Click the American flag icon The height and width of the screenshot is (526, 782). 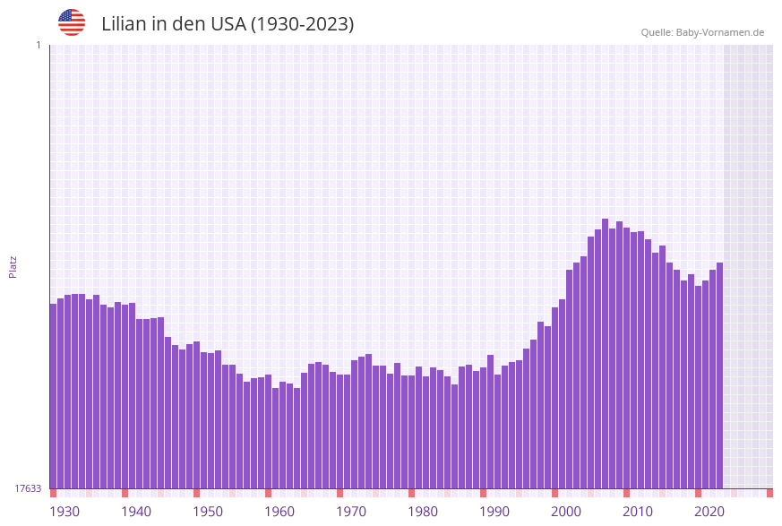tap(72, 22)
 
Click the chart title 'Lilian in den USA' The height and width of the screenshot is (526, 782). tap(228, 24)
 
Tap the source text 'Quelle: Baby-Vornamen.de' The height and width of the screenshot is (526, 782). tap(702, 32)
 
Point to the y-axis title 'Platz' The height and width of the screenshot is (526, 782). tap(13, 266)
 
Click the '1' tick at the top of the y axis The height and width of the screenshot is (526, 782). tap(39, 45)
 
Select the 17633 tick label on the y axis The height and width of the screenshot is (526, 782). tap(28, 488)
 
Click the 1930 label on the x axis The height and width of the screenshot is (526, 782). tap(64, 512)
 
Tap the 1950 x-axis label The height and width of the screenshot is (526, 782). tap(208, 512)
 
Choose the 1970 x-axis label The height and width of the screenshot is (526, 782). tap(351, 512)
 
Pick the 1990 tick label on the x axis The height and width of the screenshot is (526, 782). tap(494, 512)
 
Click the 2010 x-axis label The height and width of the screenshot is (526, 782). tap(638, 512)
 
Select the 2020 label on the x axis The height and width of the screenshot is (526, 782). tap(709, 512)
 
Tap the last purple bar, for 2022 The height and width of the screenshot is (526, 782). tap(719, 376)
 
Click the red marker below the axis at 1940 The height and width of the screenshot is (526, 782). tap(125, 493)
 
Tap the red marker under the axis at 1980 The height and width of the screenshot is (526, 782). tap(411, 493)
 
